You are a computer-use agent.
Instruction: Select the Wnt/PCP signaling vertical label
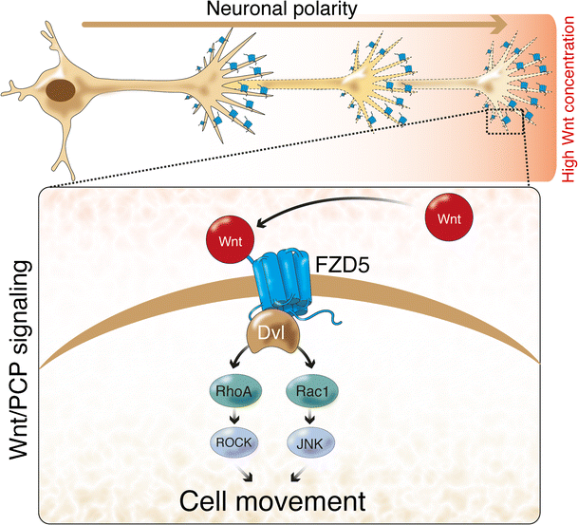click(21, 369)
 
